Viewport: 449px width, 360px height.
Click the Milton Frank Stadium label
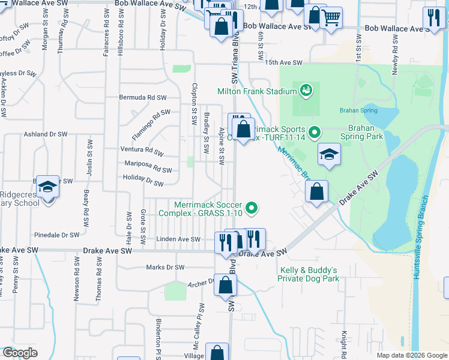(x=258, y=91)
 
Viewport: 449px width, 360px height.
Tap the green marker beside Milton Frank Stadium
(x=306, y=91)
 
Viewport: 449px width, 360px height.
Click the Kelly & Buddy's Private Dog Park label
(x=309, y=274)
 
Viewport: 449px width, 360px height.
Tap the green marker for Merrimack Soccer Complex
(x=253, y=209)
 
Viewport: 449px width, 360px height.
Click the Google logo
(x=20, y=353)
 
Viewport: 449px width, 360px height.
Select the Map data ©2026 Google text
(x=412, y=355)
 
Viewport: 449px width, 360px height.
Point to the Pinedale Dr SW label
(x=58, y=235)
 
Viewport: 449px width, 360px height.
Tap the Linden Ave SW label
(x=178, y=239)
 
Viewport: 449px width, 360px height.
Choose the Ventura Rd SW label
(x=142, y=150)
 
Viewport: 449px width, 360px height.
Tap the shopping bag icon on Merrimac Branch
(x=316, y=193)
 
